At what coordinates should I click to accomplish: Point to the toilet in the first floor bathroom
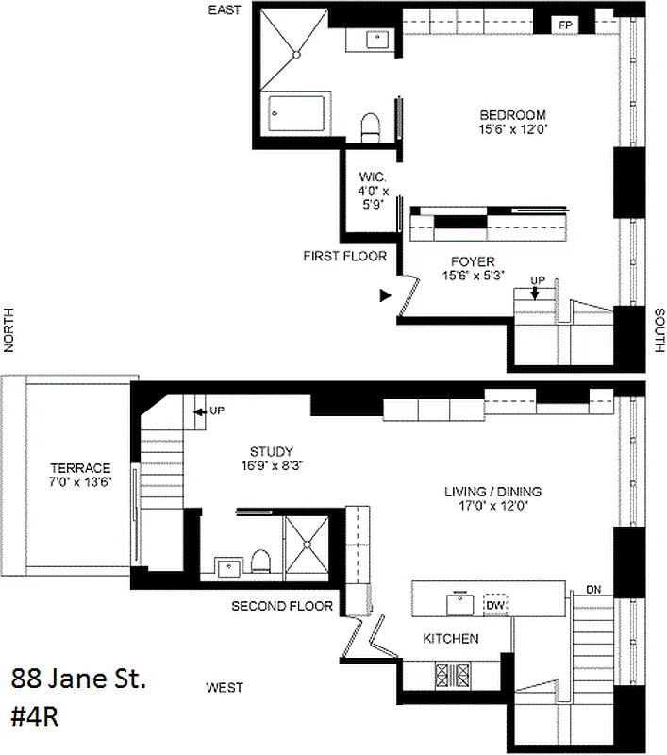click(x=372, y=126)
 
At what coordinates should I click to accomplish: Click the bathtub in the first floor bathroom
click(x=298, y=113)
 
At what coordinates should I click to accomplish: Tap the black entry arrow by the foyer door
click(x=384, y=295)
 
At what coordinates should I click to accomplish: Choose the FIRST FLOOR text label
click(x=340, y=256)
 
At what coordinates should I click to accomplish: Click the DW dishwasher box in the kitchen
click(x=496, y=604)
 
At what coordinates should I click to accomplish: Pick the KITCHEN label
click(x=450, y=639)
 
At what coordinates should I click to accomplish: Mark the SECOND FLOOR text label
click(x=282, y=605)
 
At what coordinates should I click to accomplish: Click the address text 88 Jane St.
click(x=79, y=679)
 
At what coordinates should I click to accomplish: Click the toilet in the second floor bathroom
click(x=261, y=564)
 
